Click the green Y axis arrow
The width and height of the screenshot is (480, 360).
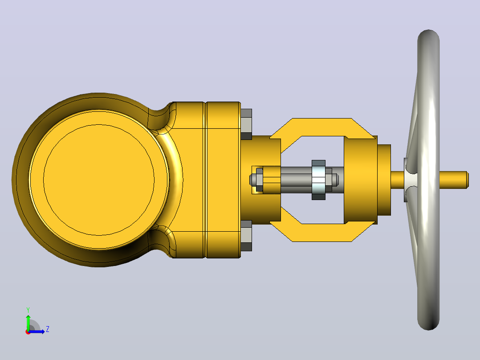[x=28, y=322]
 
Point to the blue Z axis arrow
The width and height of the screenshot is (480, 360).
[x=37, y=331]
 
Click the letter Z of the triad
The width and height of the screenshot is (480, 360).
[x=48, y=329]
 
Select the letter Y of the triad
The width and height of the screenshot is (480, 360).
[x=28, y=310]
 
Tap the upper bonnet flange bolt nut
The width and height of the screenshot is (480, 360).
[x=246, y=124]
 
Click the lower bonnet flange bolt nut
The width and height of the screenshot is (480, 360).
[x=246, y=236]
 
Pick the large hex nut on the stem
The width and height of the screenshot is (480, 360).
[x=318, y=180]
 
